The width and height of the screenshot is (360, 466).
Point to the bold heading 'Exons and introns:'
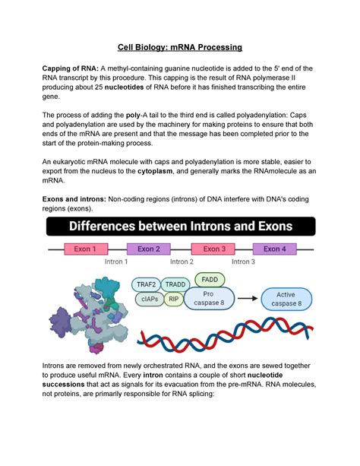coord(74,195)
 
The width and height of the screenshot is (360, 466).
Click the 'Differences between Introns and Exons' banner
coord(180,226)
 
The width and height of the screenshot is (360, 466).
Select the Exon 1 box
coord(84,249)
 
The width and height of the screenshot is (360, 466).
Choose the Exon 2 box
coord(148,249)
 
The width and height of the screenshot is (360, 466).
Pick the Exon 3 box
coord(214,249)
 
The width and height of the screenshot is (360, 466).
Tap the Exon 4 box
coord(274,249)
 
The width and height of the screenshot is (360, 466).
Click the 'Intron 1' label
coord(116,262)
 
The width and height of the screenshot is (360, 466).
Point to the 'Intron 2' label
coord(181,262)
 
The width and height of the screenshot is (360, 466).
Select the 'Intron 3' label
coord(243,262)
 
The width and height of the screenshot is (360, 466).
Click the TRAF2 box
coord(147,284)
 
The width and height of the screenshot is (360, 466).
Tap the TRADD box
coord(175,284)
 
